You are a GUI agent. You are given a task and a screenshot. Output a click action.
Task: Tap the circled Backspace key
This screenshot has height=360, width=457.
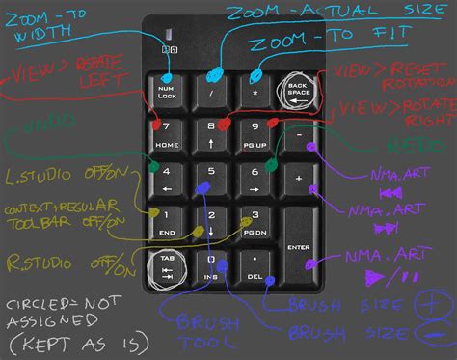pos(298,92)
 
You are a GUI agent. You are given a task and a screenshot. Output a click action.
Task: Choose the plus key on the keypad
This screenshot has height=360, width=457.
pos(299,180)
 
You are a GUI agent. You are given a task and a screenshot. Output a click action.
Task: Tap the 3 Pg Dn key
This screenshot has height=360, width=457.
pos(255,222)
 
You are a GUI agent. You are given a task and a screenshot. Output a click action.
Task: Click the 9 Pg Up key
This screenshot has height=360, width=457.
pos(255,134)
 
